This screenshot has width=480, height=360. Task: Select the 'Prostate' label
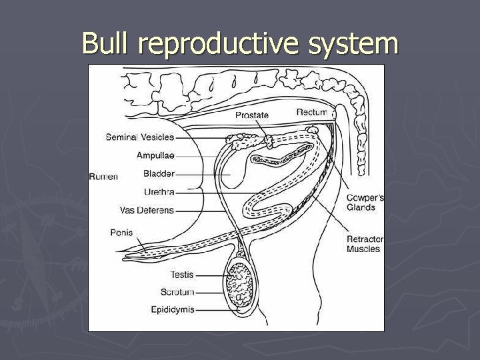click(252, 115)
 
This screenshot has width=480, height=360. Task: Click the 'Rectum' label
click(312, 112)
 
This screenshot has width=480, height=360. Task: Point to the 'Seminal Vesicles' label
click(139, 137)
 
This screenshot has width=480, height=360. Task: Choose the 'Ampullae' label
click(155, 155)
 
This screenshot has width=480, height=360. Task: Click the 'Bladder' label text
click(159, 174)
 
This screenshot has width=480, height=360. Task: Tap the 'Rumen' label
click(103, 177)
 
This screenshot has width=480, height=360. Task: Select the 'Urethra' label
click(159, 192)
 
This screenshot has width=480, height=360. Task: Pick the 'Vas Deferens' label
click(147, 211)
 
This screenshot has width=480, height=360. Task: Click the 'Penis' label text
click(121, 233)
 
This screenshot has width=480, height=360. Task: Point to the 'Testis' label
click(182, 274)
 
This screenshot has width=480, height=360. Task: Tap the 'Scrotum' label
click(177, 292)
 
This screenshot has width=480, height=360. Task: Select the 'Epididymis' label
click(173, 309)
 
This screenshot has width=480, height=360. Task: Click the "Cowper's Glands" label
click(365, 203)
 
